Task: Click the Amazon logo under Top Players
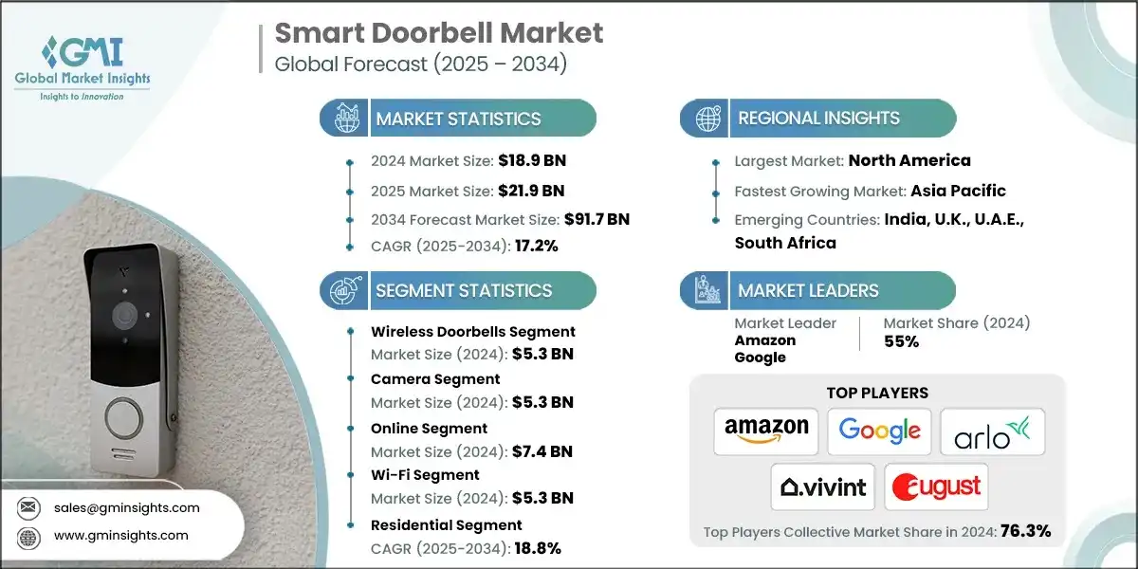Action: coord(766,431)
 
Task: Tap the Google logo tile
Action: coord(879,431)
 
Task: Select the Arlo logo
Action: coord(992,431)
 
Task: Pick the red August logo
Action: coord(936,487)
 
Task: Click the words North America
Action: coord(909,160)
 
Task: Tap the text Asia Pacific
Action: coord(958,191)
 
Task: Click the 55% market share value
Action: coord(901,341)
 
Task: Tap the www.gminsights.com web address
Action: coord(120,536)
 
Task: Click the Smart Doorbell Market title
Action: coord(438,32)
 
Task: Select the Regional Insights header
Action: coord(818,119)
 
